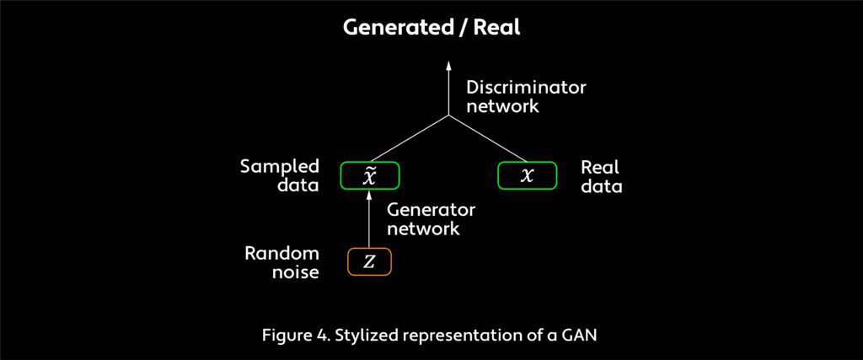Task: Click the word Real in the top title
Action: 496,28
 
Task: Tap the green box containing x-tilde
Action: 369,175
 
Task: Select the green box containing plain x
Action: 528,175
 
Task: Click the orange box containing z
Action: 369,262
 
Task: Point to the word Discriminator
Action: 526,88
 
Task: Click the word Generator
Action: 431,210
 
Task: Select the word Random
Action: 281,254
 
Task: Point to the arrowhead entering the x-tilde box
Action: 369,196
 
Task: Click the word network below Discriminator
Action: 502,106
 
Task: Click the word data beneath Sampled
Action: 297,185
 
